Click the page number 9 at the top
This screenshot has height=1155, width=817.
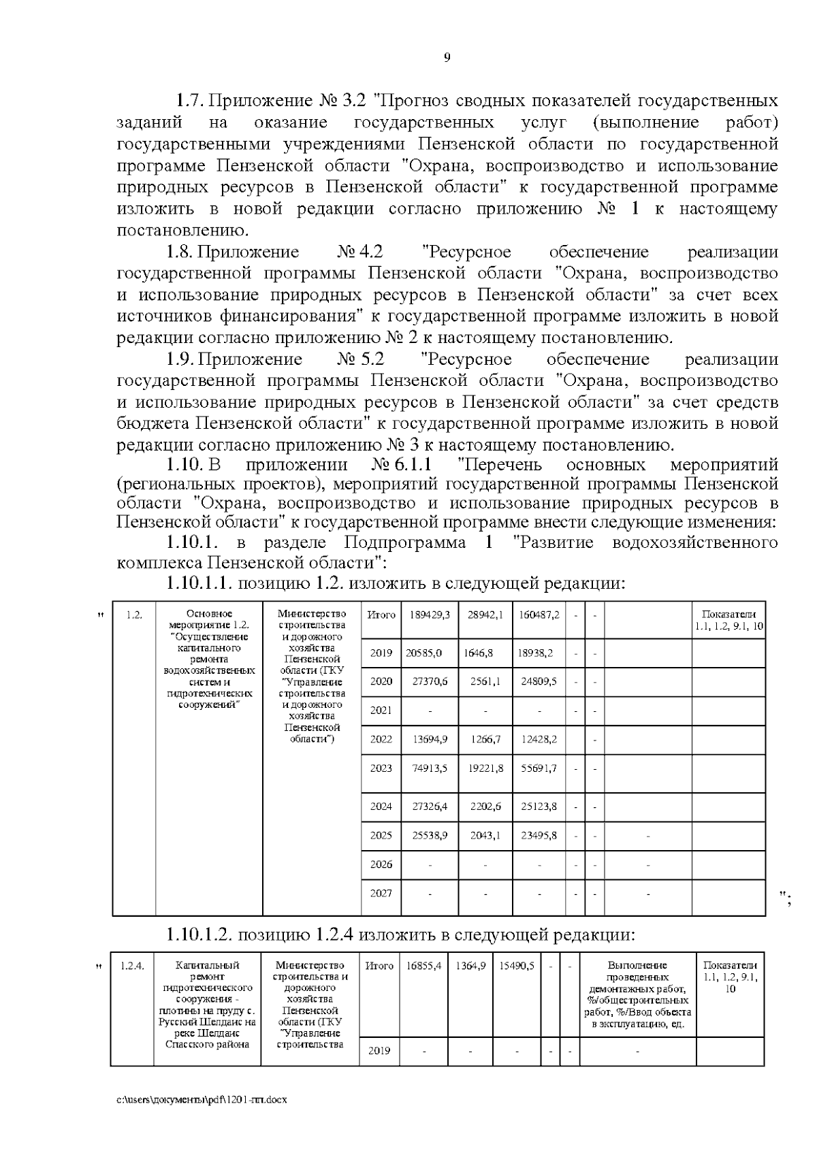(447, 58)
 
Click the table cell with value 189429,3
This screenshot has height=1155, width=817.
(430, 615)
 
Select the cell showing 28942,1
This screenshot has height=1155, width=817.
(485, 615)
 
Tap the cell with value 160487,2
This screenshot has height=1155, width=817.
(539, 615)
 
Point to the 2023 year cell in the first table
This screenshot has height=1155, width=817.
(381, 768)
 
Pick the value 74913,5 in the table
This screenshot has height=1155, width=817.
(430, 768)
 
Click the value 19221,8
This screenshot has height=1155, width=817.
(485, 768)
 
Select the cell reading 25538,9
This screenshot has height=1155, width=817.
(430, 835)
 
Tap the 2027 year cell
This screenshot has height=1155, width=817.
(381, 893)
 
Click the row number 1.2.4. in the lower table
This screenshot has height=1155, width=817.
(132, 965)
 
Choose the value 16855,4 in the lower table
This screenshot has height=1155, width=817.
(424, 965)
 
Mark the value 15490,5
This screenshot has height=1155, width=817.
(517, 965)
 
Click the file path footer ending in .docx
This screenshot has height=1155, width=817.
(202, 1100)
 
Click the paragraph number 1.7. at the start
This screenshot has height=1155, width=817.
(190, 101)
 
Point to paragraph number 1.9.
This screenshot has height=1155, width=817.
(182, 359)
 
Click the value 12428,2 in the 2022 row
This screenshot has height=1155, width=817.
(538, 739)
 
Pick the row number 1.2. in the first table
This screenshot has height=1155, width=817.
(134, 615)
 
